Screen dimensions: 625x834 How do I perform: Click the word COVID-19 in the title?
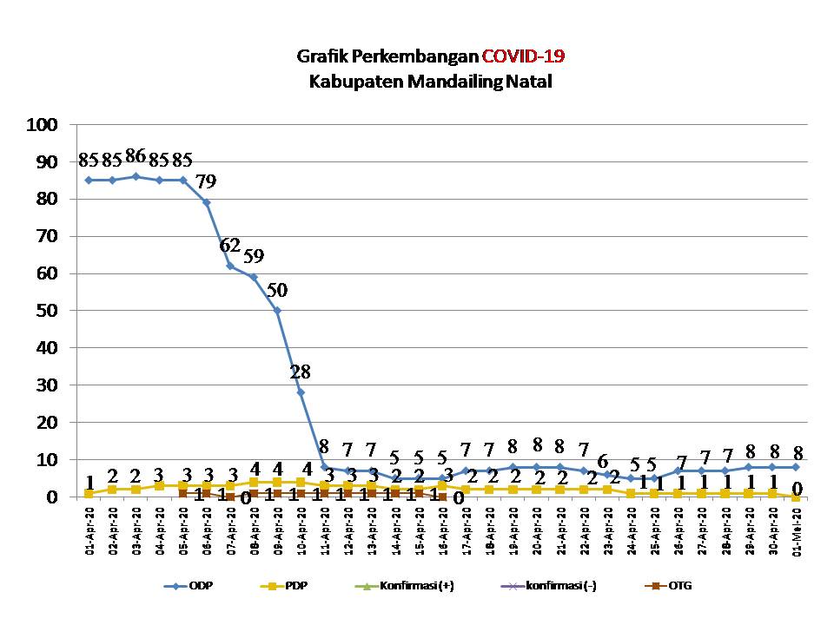[x=524, y=57]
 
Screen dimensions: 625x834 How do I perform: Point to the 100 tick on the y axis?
[x=43, y=125]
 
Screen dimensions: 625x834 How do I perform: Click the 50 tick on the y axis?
[x=48, y=311]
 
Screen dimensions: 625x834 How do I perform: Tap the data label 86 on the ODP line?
[x=136, y=157]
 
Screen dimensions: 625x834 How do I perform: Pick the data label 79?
[x=206, y=181]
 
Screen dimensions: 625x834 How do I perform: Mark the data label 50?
[x=277, y=289]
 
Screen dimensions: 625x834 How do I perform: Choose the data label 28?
[x=301, y=372]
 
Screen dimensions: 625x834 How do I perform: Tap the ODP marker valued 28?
[x=301, y=392]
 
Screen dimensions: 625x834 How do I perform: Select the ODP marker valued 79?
[x=206, y=202]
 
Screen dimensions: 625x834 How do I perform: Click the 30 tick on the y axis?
[x=48, y=385]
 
